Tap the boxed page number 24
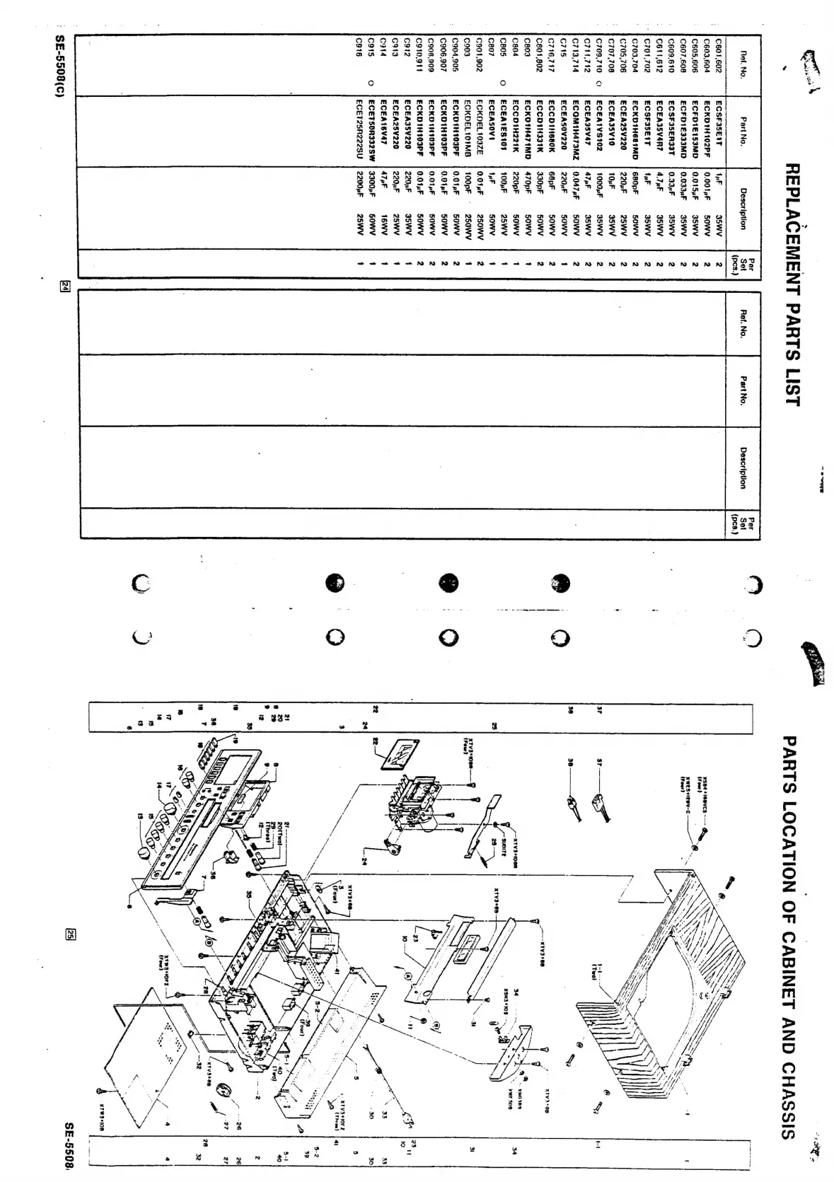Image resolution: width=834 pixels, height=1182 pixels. tap(65, 286)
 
